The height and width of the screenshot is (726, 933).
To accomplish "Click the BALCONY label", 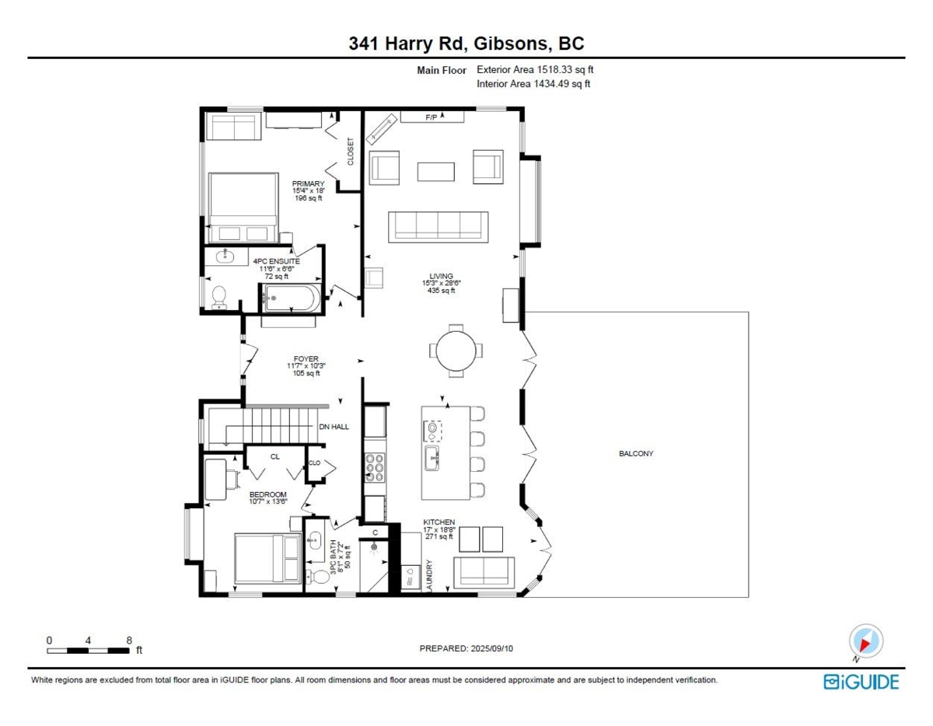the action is [x=635, y=453].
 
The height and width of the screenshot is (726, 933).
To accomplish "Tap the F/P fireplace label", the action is [x=431, y=117].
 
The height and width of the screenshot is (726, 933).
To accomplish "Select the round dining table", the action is [x=456, y=351].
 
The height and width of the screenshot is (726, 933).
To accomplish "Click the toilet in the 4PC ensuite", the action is [x=219, y=298].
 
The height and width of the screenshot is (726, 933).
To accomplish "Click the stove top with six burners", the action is [x=375, y=467].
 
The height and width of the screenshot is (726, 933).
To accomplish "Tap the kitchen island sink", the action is [x=432, y=458].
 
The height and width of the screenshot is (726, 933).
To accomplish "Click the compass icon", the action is [x=866, y=641].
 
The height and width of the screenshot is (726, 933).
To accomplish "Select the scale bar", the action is [x=88, y=651].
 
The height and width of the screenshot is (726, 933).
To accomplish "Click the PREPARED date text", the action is [x=466, y=648].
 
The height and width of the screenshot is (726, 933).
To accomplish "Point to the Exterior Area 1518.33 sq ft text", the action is [x=535, y=69].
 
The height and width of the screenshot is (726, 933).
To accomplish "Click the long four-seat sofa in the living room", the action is [x=438, y=227].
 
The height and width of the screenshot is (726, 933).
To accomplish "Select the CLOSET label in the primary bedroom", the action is [x=351, y=152].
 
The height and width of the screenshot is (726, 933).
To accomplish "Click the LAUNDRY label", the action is [x=428, y=574].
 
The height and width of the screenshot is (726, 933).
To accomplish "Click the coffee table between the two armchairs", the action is [x=436, y=172].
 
